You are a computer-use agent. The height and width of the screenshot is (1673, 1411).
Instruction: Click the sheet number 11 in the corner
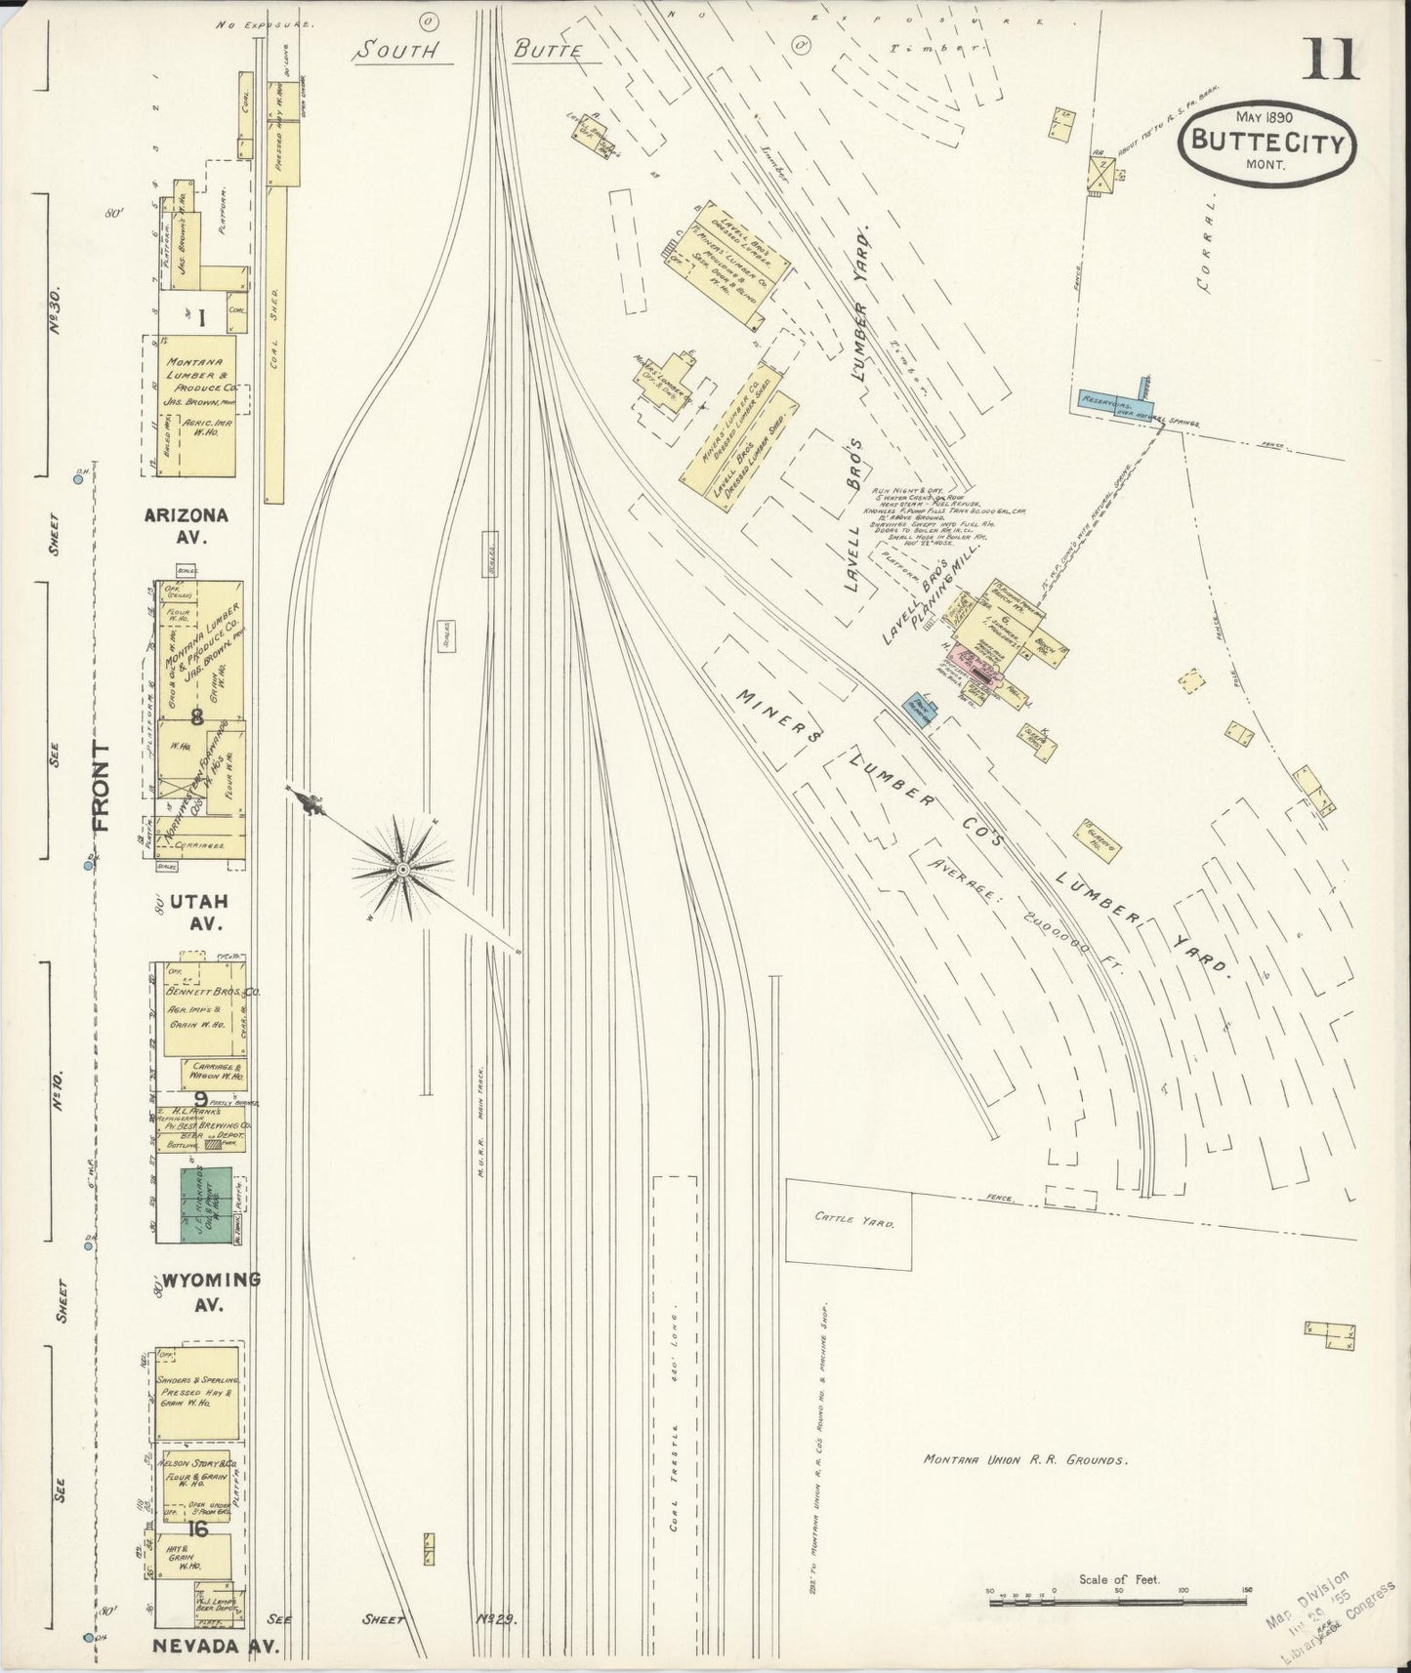pyautogui.click(x=1329, y=60)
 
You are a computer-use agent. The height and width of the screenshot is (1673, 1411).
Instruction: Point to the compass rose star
pyautogui.click(x=401, y=868)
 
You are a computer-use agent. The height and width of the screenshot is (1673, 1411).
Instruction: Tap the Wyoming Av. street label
pyautogui.click(x=211, y=1290)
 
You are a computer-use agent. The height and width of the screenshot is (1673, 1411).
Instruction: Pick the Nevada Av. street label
pyautogui.click(x=216, y=1646)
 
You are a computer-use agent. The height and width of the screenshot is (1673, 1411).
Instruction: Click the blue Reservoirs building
pyautogui.click(x=1111, y=403)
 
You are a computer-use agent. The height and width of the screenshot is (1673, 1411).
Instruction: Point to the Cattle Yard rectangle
pyautogui.click(x=849, y=1219)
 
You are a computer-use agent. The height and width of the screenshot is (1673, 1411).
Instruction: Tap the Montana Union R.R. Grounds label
pyautogui.click(x=1025, y=1461)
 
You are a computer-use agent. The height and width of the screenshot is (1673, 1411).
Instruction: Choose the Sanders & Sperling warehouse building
pyautogui.click(x=197, y=1393)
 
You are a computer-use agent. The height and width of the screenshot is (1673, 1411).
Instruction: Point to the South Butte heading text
pyautogui.click(x=469, y=51)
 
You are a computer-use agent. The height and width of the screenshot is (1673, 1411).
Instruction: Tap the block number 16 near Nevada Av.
pyautogui.click(x=199, y=1529)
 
